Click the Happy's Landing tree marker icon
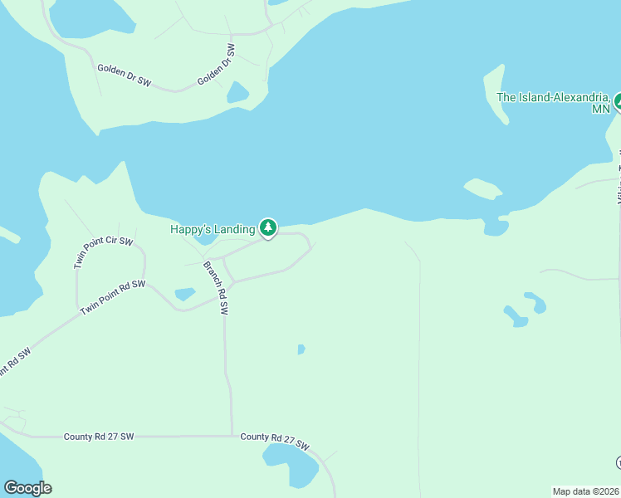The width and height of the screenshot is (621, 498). [267, 227]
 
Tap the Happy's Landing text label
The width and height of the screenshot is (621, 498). [213, 229]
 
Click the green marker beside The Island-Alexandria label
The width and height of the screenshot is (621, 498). [619, 101]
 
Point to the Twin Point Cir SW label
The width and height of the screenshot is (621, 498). [103, 252]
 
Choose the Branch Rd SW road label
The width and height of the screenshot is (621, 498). [214, 288]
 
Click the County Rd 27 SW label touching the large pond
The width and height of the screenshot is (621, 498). [274, 441]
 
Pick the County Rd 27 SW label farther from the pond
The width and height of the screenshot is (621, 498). [98, 436]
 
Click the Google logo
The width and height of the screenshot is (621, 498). [27, 488]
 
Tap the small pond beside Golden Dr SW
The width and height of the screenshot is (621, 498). [238, 92]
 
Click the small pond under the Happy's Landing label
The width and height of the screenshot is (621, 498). [204, 240]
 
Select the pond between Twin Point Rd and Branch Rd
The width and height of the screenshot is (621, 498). [185, 294]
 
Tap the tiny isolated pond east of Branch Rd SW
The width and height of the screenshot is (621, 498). [301, 349]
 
